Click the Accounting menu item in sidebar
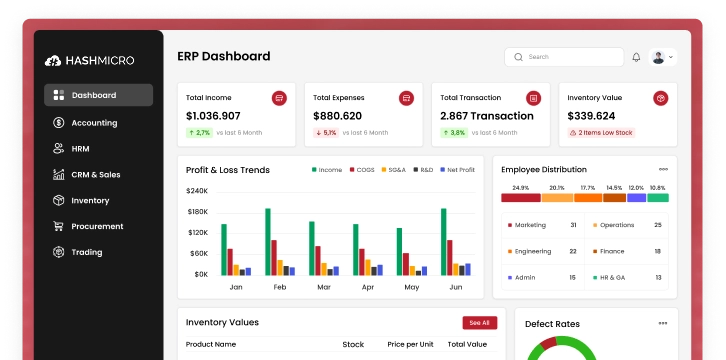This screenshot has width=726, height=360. click(94, 123)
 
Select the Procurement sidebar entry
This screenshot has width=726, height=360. click(97, 226)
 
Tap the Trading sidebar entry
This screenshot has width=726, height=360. click(87, 252)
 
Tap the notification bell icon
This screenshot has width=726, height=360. click(636, 57)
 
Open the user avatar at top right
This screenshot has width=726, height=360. click(659, 57)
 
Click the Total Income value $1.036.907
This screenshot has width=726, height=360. click(213, 116)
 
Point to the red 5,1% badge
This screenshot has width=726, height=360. click(326, 132)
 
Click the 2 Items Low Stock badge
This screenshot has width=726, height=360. click(601, 132)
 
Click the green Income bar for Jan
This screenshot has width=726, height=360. click(224, 249)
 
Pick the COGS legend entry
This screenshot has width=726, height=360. click(362, 170)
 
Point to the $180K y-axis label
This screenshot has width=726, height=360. click(197, 212)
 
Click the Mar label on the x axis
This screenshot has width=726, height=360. click(324, 287)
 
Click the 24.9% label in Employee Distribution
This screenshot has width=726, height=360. click(520, 188)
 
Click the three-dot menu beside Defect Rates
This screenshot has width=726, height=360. click(662, 323)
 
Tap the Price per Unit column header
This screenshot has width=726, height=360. click(411, 344)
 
